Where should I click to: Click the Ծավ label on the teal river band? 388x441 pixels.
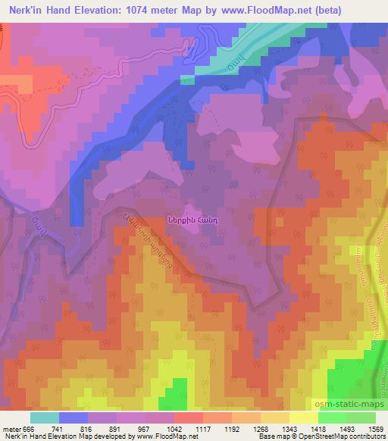tap(236, 62)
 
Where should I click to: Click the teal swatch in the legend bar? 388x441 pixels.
tap(45, 418)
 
